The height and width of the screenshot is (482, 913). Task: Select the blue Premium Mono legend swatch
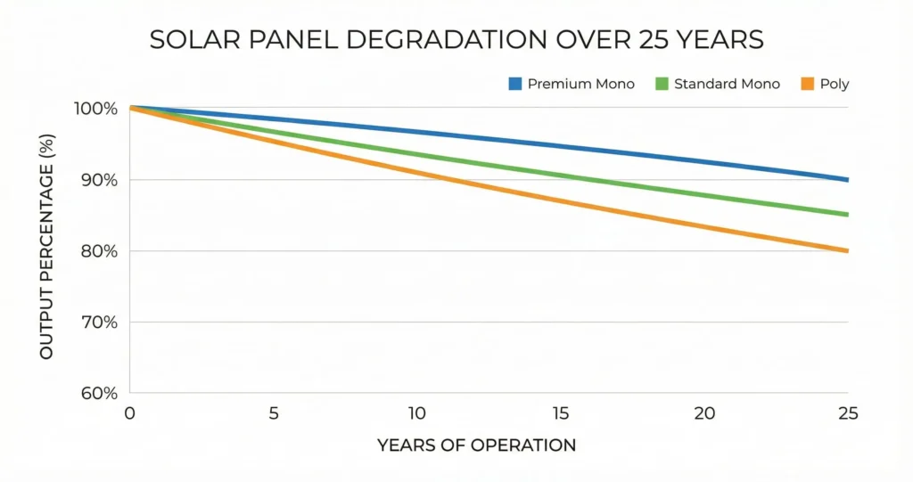point(514,84)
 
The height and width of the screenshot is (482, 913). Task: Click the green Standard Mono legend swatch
point(661,84)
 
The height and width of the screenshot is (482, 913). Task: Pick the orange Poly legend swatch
point(806,84)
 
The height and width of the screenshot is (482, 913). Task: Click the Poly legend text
point(834,84)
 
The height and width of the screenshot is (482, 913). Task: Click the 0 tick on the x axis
point(130,414)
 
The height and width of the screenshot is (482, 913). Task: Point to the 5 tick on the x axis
point(274,414)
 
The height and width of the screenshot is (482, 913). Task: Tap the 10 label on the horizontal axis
point(417,414)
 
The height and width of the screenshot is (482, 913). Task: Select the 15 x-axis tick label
point(560,414)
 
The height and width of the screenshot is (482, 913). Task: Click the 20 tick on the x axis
point(704,414)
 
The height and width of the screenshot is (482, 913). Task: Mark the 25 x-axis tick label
point(847,414)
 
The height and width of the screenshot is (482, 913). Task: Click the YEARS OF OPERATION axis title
point(476,445)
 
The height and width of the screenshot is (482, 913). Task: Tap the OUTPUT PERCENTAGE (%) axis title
point(46,250)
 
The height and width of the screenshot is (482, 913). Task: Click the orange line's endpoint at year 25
point(846,250)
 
